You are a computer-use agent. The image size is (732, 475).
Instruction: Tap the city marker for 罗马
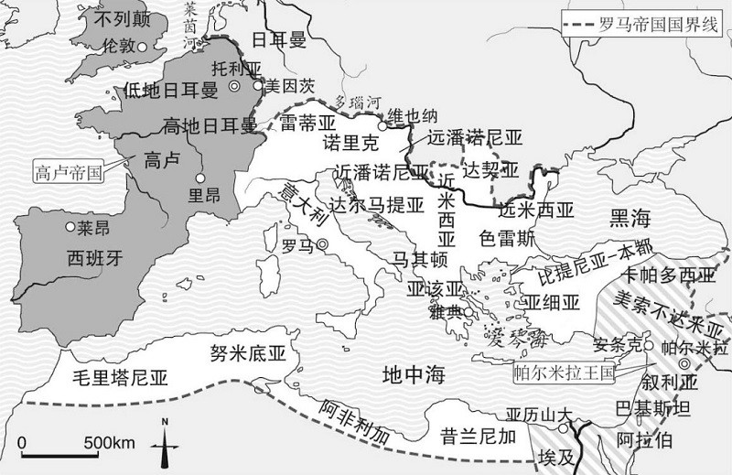coord(321,245)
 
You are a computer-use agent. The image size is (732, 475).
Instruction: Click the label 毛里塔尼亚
coord(122,377)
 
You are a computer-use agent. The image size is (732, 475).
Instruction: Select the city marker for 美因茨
coord(259,85)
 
